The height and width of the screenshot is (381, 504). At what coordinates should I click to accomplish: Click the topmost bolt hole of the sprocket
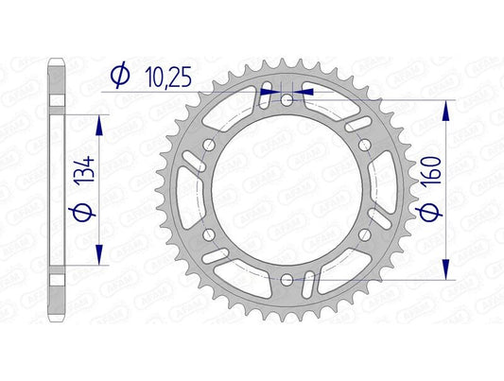click(x=287, y=99)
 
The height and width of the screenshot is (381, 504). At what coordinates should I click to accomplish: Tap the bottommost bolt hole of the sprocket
click(x=287, y=278)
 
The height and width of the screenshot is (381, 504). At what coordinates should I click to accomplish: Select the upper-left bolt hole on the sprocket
click(x=209, y=144)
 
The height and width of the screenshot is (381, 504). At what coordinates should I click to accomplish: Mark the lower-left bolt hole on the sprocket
click(x=209, y=234)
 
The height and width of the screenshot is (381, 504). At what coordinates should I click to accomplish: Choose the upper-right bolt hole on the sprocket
click(x=364, y=144)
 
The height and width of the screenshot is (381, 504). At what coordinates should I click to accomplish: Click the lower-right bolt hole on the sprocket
click(x=364, y=234)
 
